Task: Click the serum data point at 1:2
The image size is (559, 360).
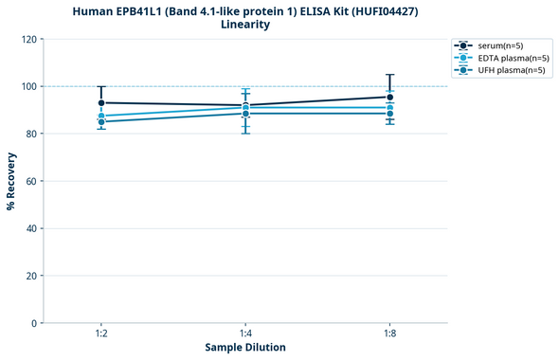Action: pos(101,102)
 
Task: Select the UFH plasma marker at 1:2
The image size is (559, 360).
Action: pos(101,121)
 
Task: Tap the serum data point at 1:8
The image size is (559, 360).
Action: pos(390,97)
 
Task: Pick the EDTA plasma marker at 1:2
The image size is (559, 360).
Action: pos(101,116)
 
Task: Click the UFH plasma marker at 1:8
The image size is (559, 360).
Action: pos(390,114)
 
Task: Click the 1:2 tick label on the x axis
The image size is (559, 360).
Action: pos(101,334)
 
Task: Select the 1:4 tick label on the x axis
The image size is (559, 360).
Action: pos(245,334)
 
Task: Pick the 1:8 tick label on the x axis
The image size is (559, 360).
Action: pos(390,334)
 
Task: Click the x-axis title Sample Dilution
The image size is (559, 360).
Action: pos(245,348)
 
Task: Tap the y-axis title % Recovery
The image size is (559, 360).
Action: pos(10,181)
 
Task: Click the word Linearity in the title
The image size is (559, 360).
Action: pos(245,25)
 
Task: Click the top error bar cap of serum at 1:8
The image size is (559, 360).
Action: pos(390,75)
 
